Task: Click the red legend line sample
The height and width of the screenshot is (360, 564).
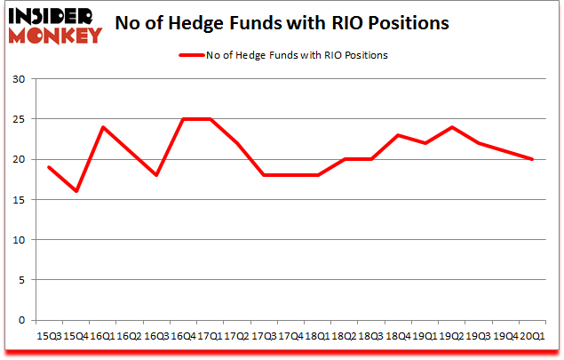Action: click(192, 55)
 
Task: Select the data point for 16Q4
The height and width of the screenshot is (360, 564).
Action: click(182, 119)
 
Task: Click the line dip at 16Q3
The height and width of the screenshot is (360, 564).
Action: click(156, 175)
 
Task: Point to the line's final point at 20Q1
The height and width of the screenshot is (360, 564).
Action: click(531, 159)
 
